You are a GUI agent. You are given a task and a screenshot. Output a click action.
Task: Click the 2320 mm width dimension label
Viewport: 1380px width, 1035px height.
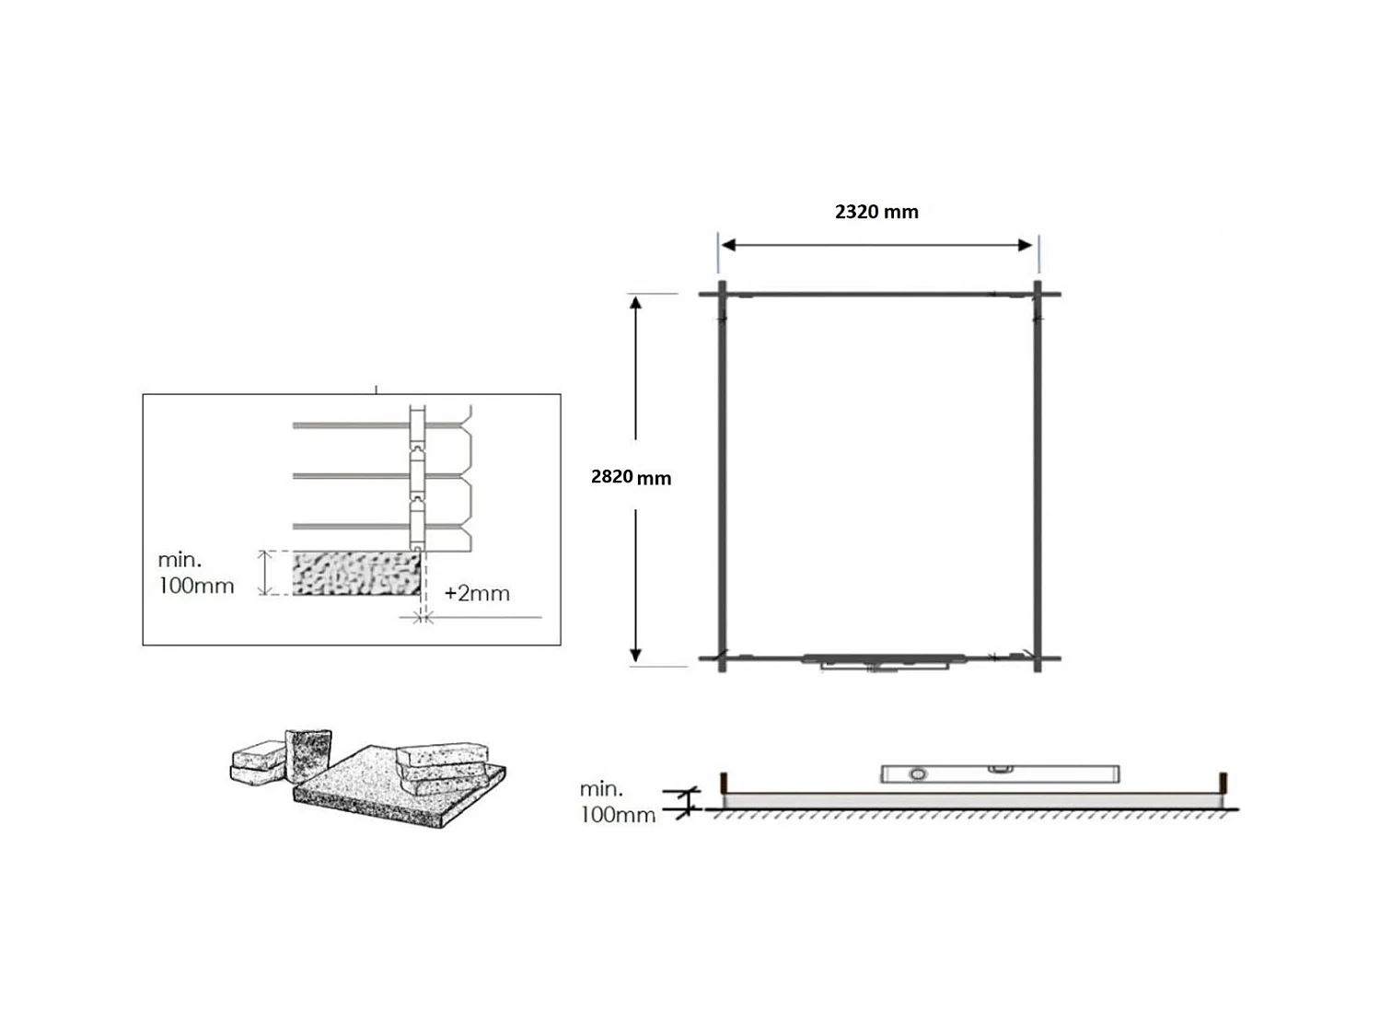click(x=876, y=212)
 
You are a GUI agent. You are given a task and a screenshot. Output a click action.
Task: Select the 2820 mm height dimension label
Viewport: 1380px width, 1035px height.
click(x=631, y=477)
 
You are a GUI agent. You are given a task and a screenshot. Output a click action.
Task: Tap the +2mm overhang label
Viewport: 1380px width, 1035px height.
click(x=477, y=594)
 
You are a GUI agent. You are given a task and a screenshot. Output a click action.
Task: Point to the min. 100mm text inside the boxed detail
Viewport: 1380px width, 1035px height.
click(x=196, y=573)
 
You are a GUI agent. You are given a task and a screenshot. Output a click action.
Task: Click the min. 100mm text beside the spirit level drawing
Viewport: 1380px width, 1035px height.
click(x=617, y=802)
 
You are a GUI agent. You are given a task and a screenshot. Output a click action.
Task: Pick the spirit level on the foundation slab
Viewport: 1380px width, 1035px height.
click(x=1000, y=773)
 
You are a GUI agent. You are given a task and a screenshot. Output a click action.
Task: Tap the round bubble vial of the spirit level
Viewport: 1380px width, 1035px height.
click(x=917, y=774)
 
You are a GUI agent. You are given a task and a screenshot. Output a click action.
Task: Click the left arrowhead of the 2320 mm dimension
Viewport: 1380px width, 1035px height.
click(x=728, y=245)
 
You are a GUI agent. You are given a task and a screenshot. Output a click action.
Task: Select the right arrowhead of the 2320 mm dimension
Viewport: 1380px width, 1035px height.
click(x=1026, y=245)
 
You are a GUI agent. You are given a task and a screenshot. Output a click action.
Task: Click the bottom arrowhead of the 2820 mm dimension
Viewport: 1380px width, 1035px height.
click(x=635, y=655)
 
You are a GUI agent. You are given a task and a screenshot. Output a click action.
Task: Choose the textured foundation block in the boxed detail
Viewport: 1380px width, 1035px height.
click(x=356, y=573)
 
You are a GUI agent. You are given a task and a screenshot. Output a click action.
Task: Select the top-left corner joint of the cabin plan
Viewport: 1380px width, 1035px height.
click(x=722, y=295)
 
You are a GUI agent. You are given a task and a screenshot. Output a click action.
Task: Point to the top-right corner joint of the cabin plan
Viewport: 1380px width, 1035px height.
click(x=1038, y=295)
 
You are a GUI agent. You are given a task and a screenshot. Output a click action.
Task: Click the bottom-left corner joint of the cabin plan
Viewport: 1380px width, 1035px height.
click(x=722, y=658)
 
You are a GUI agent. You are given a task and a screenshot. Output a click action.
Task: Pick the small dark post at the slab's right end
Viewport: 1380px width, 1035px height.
click(x=1223, y=782)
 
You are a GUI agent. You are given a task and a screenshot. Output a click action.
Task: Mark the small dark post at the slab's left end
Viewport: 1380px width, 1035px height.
click(x=724, y=782)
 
